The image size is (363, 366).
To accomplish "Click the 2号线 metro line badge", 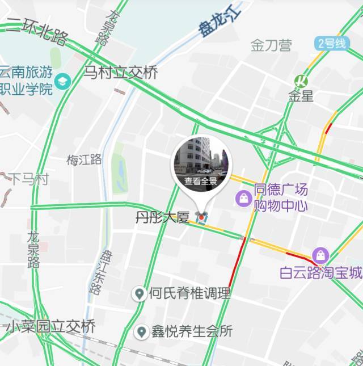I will [x=332, y=43].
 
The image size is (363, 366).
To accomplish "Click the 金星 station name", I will [x=300, y=96].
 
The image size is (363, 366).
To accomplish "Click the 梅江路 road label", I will [x=84, y=160].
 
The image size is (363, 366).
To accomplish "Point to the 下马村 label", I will [x=29, y=179].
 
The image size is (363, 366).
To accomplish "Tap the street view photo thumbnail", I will [x=200, y=157].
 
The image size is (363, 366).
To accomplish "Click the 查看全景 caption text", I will [x=200, y=182].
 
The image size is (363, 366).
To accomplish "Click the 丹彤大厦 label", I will [x=162, y=217].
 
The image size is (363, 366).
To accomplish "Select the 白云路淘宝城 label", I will [x=320, y=273].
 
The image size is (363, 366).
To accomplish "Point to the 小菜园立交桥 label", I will [x=51, y=327].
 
